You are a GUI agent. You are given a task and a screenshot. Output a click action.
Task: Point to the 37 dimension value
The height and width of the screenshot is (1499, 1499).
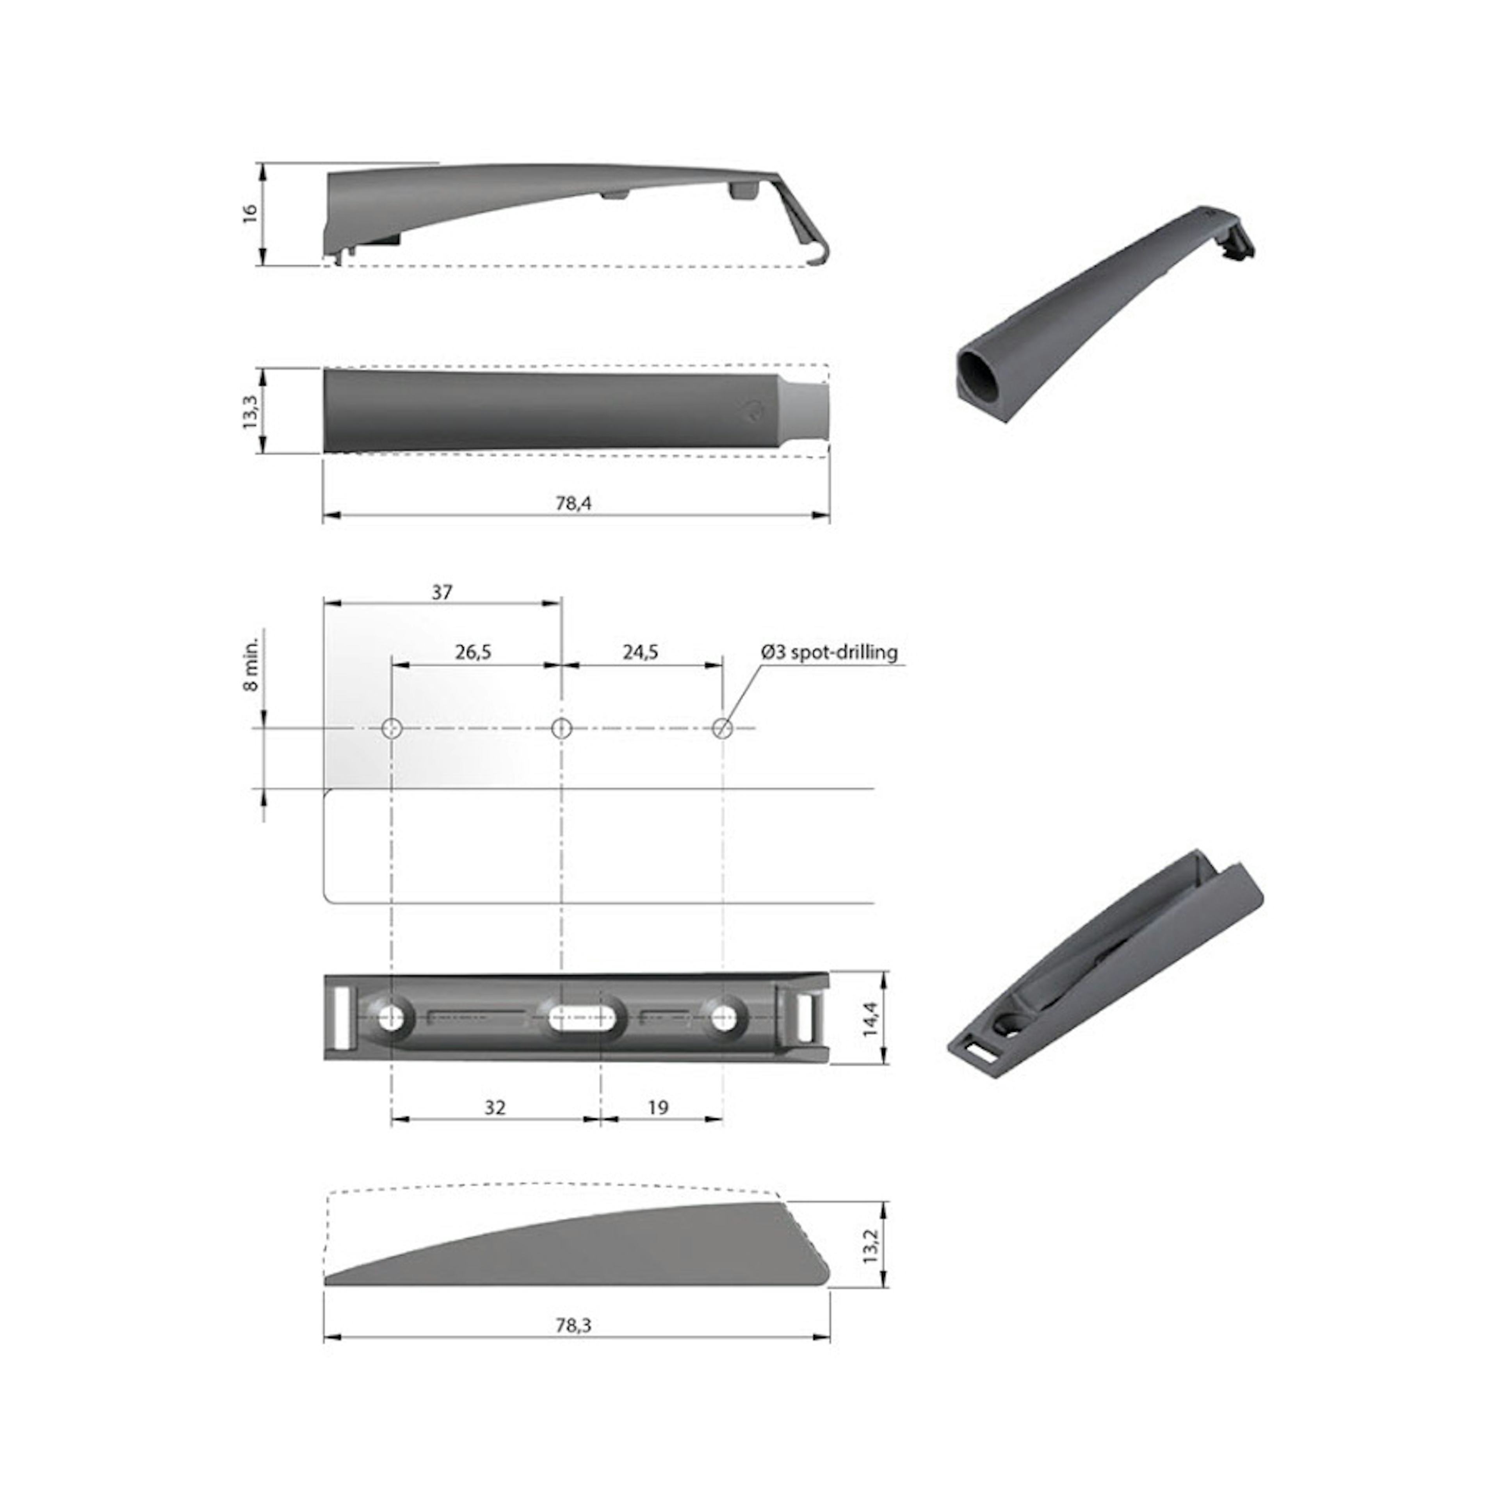point(442,593)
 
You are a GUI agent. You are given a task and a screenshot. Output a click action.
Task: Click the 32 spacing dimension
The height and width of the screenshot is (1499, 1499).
point(494,1107)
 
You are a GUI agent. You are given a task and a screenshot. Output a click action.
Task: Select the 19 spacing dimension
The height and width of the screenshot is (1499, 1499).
point(657,1107)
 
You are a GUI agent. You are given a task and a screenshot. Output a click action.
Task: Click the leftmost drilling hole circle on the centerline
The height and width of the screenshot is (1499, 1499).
point(392,728)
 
